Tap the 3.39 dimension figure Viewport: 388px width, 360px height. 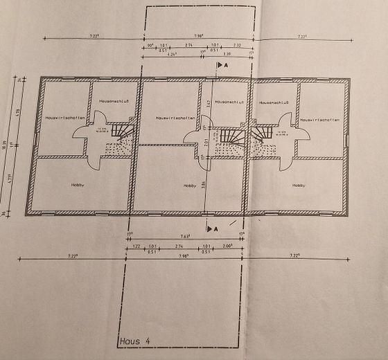(x=227, y=53)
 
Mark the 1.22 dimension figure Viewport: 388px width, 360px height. (x=136, y=246)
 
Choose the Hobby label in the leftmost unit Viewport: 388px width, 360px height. (x=78, y=185)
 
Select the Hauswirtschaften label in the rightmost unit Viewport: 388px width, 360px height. (x=319, y=120)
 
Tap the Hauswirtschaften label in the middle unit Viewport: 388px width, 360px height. (x=170, y=118)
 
